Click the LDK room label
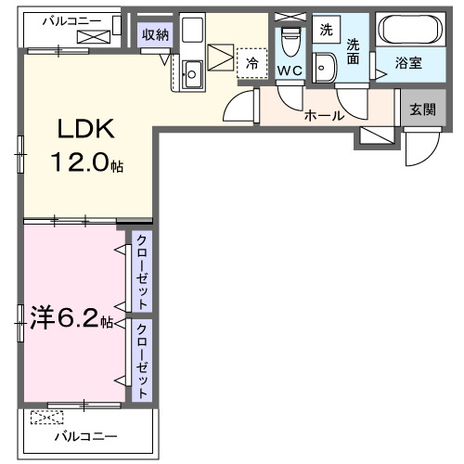(88, 130)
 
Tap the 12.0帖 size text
(86, 166)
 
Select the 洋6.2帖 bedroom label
(74, 321)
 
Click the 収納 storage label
(156, 35)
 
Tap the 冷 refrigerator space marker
(251, 64)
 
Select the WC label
(289, 71)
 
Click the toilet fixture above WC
(290, 42)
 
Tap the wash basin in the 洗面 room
(325, 66)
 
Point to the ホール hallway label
(325, 116)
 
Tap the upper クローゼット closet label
(142, 271)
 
